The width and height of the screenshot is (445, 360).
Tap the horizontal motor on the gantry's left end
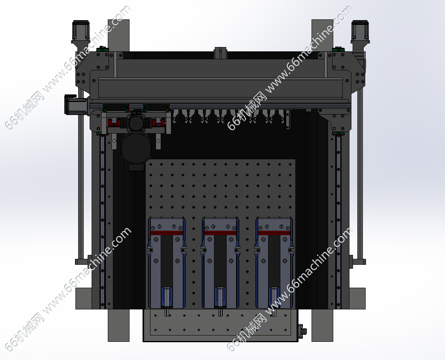75,104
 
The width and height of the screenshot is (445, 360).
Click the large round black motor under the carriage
136,149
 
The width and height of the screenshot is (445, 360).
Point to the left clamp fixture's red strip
166,233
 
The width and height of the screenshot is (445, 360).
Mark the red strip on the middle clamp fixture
220,233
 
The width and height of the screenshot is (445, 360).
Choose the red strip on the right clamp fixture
274,233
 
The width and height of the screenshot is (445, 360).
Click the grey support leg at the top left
118,35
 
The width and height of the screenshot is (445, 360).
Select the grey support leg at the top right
322,35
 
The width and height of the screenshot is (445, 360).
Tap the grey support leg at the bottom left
118,325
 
